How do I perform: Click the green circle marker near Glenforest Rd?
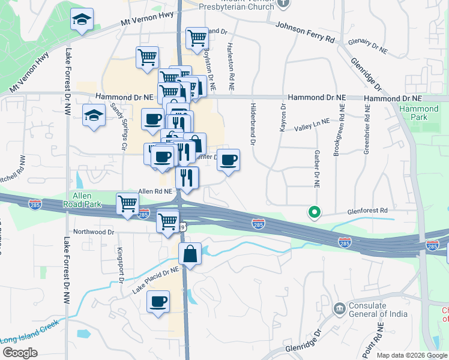tap(313, 212)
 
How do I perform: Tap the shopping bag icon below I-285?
tap(190, 254)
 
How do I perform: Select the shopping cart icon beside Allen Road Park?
tap(127, 203)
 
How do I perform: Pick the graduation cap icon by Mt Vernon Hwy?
tap(82, 20)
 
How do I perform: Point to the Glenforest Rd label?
tap(367, 211)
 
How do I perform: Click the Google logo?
tap(20, 352)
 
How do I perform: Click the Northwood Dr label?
tap(94, 232)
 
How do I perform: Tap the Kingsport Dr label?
tap(121, 265)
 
